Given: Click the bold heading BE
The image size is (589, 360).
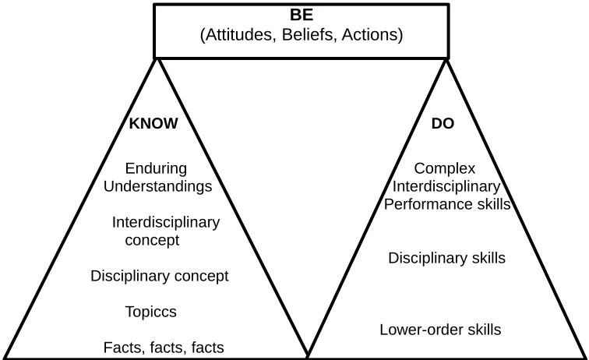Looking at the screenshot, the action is coord(302,15).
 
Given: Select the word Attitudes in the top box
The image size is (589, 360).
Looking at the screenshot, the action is coord(238,34).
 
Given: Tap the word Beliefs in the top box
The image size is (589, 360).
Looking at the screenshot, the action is coord(308,34).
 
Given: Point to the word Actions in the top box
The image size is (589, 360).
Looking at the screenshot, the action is coord(369,34).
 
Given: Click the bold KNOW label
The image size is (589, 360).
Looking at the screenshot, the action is coord(153,123).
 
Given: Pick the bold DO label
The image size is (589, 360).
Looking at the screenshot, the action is coord(443,123).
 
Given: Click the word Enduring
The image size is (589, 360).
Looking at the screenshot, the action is coord(156,168).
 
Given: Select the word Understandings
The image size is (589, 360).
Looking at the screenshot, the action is coord(157,186).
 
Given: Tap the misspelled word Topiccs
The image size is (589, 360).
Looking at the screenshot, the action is coord(150,312).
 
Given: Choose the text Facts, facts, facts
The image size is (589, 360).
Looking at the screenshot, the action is coord(164,348).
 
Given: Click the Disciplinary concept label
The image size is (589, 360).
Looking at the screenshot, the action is coord(159,276).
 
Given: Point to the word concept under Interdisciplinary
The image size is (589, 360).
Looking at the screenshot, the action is coord(152,241).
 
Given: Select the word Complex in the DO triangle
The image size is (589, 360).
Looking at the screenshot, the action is coord(445,168).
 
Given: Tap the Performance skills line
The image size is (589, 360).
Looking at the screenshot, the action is coord(447,204).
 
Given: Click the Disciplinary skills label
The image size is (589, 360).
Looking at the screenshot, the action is coord(446,258).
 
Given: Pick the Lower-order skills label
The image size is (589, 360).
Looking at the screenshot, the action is coord(440,330).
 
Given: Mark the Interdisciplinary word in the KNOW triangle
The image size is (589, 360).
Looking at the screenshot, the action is coord(166,222).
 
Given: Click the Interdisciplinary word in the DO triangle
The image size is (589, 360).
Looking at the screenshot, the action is coord(446,186).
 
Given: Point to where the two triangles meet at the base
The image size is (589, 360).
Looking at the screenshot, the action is coord(308,355).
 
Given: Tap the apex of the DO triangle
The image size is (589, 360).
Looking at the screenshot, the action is coord(446,59).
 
